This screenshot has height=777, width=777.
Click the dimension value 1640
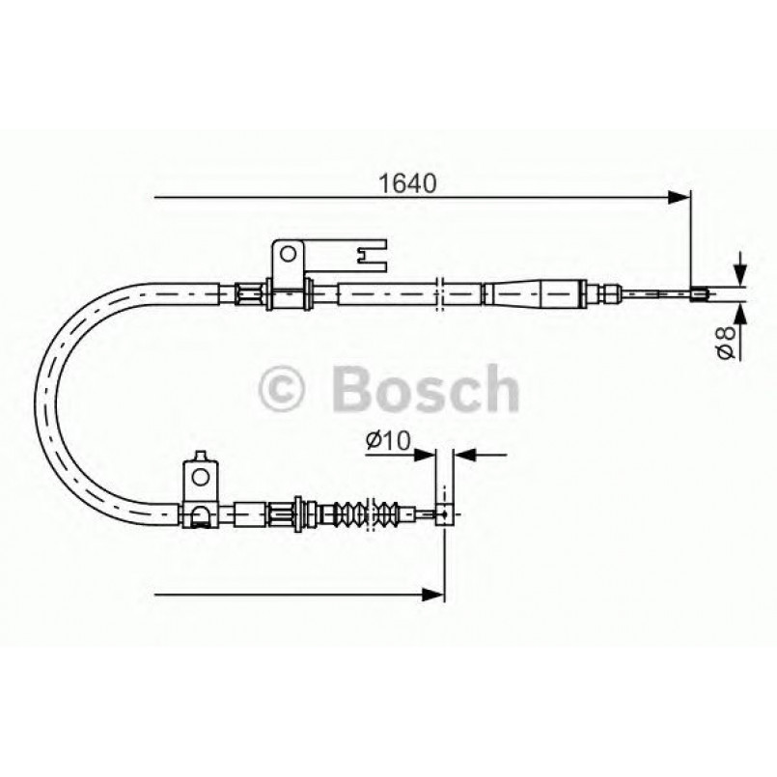tap(409, 180)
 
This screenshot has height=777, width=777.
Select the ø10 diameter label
tap(388, 440)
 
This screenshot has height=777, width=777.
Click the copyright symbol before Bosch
tap(284, 387)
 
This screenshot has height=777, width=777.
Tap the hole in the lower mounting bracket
tap(200, 475)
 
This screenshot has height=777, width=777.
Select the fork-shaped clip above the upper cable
tap(368, 256)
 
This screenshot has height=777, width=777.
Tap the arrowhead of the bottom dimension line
tap(434, 591)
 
